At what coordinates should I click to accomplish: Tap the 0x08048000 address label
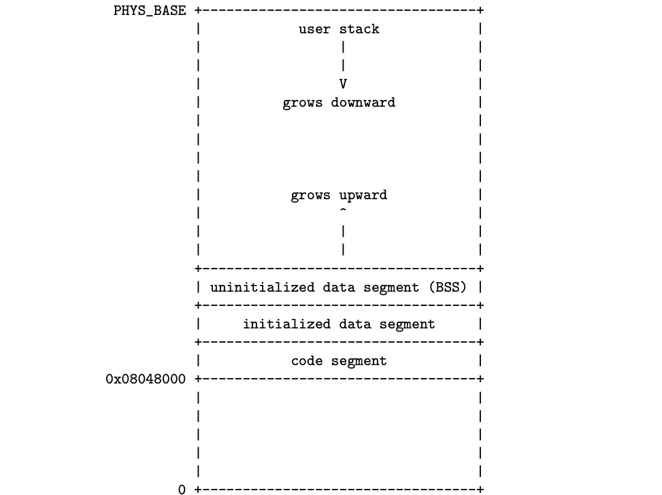click(146, 379)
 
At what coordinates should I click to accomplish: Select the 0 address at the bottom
click(182, 489)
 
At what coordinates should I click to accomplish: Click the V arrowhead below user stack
click(343, 84)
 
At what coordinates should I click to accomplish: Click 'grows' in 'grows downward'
click(303, 103)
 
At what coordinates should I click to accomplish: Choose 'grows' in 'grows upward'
click(311, 196)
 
